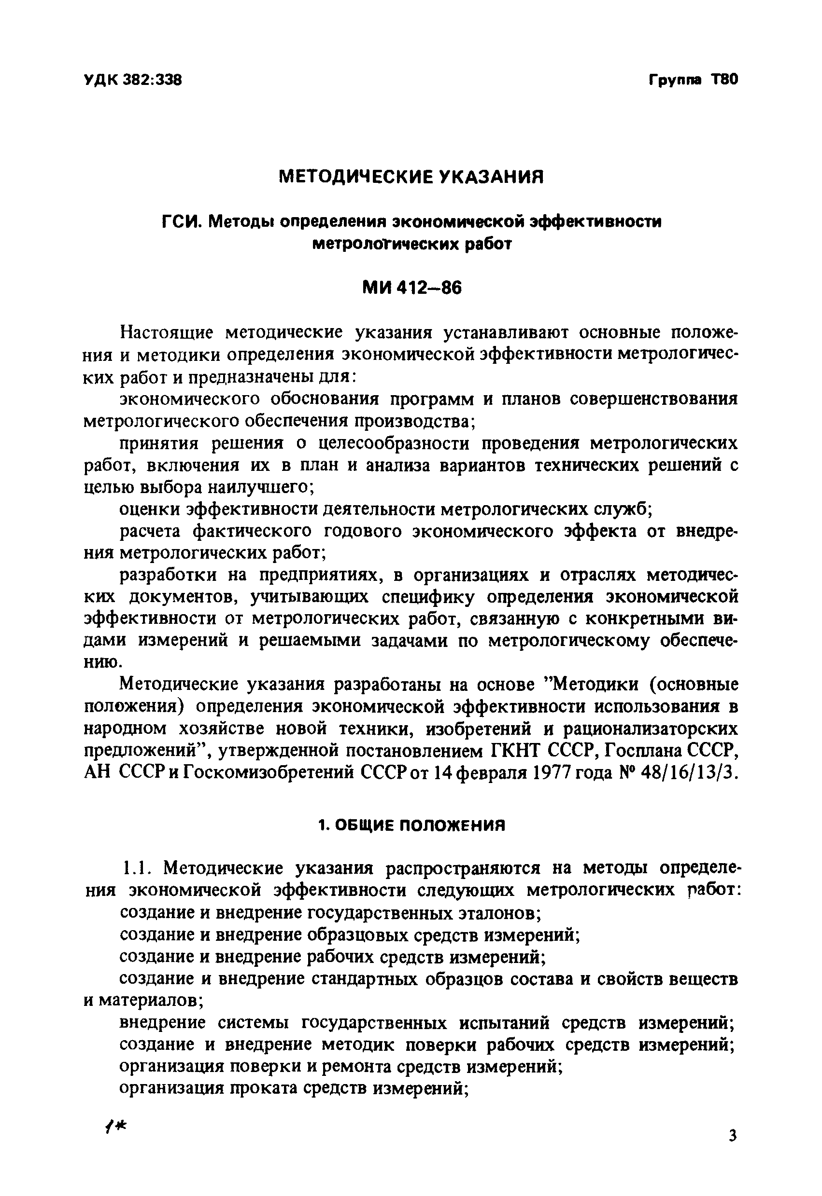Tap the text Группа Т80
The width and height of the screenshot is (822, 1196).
point(693,80)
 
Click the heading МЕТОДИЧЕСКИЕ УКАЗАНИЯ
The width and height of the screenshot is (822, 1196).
point(411,177)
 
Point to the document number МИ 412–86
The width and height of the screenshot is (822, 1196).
point(412,288)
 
